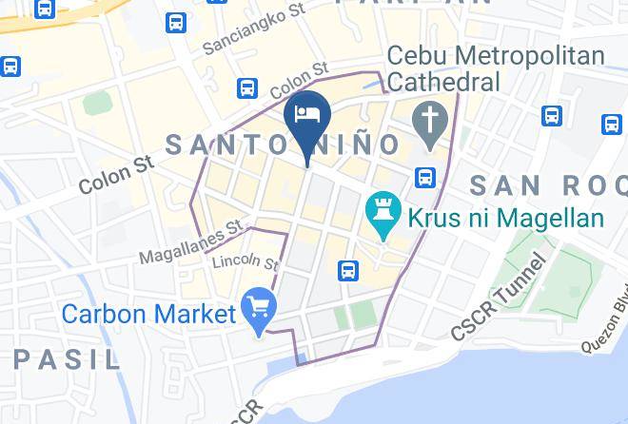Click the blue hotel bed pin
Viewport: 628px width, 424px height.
point(306,115)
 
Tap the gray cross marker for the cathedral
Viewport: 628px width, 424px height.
point(430,122)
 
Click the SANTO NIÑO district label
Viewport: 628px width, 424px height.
point(284,145)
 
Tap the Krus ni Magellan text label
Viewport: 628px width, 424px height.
point(506,218)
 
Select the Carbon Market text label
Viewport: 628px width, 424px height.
point(148,313)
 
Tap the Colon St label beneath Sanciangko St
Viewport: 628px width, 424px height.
point(299,81)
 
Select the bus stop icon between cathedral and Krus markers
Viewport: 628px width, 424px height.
point(425,176)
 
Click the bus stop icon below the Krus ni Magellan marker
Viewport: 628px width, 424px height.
point(349,269)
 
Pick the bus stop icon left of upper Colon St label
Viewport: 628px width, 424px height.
point(247,88)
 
